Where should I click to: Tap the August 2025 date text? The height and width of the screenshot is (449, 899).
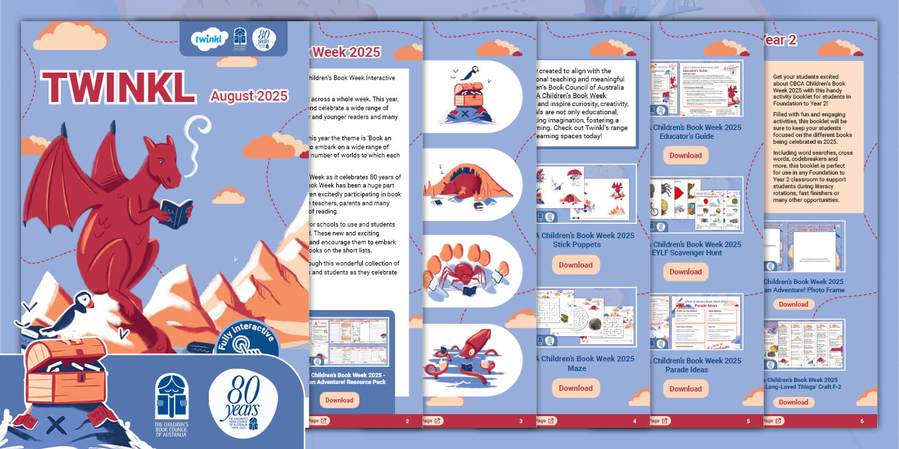coord(249,96)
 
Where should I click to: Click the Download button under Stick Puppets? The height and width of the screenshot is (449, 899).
coord(575,265)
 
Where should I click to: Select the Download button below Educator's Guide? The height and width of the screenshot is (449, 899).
coord(685,155)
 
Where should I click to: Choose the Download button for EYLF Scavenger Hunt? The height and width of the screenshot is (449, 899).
coord(685,272)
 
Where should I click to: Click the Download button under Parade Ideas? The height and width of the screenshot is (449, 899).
coord(685,389)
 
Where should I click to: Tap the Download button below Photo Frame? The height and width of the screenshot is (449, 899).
coord(794,305)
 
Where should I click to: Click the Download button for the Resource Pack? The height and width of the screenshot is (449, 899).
coord(339,400)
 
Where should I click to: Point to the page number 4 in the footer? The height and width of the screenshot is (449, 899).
coord(635,421)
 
